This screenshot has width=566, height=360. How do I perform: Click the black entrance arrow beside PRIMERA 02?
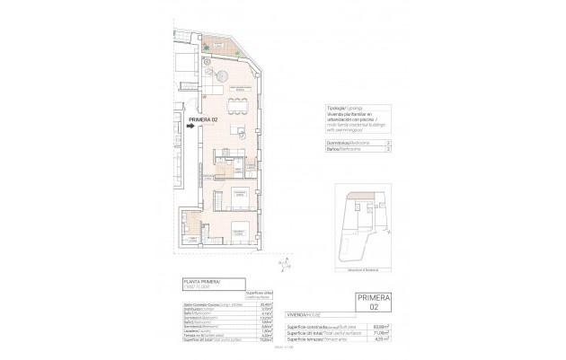(193, 127)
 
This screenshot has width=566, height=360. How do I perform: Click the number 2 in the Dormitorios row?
(388, 142)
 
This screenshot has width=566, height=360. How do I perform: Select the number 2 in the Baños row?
(388, 151)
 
